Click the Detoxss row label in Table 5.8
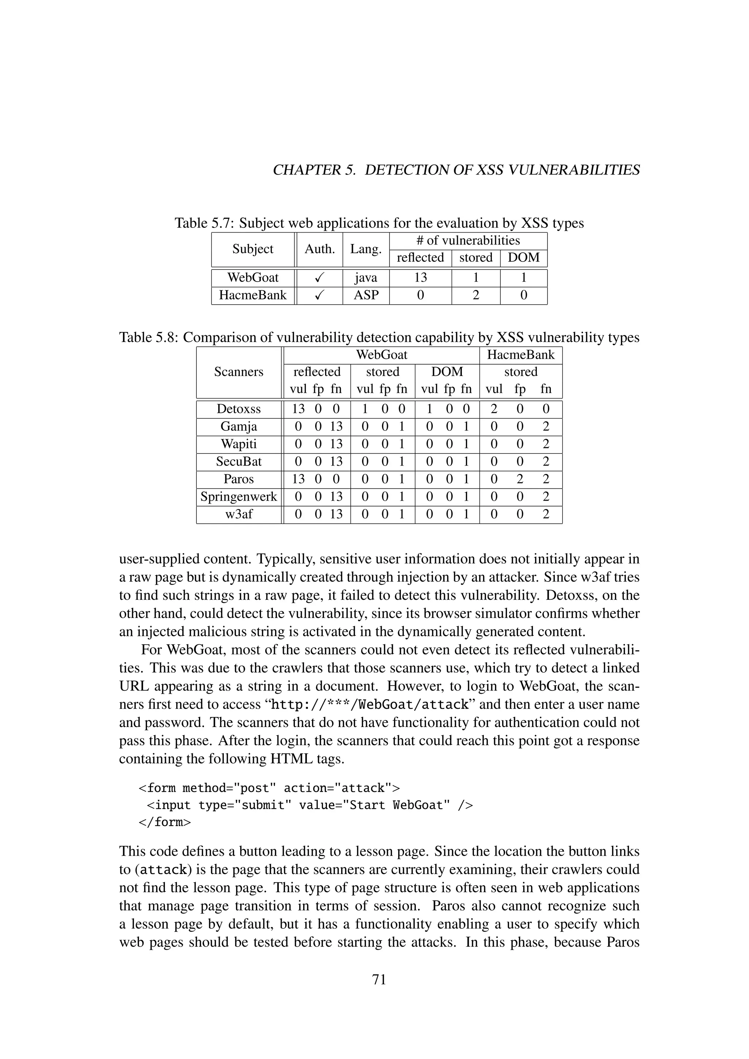click(238, 409)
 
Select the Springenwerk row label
click(238, 497)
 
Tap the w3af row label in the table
click(238, 514)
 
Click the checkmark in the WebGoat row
click(319, 278)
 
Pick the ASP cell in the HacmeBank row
click(366, 295)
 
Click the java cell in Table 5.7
click(366, 278)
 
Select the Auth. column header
click(319, 249)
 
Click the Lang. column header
click(366, 249)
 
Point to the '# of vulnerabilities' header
click(468, 240)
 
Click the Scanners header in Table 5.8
click(238, 372)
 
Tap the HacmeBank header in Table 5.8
click(521, 355)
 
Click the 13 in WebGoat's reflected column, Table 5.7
click(420, 278)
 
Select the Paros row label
click(238, 479)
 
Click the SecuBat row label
click(238, 462)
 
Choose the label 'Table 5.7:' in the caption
click(204, 223)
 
